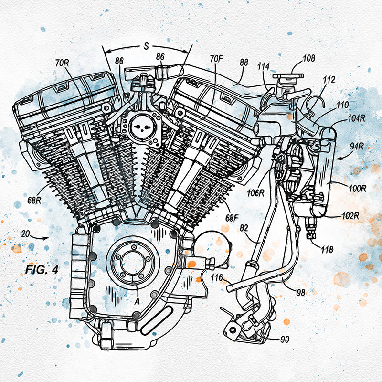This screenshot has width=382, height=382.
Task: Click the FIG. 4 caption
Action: (42, 270)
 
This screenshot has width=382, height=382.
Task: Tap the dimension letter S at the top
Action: (146, 46)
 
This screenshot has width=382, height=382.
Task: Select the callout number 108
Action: (308, 58)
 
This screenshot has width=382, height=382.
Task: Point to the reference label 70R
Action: (62, 64)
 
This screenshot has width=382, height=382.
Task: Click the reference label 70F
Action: (217, 59)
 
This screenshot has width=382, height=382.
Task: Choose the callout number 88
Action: (244, 63)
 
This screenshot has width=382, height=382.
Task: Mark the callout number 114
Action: (264, 66)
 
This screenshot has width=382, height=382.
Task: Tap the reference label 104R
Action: (356, 118)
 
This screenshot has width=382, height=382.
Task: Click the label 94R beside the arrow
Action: (357, 147)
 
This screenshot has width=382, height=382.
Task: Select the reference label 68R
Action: (34, 201)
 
